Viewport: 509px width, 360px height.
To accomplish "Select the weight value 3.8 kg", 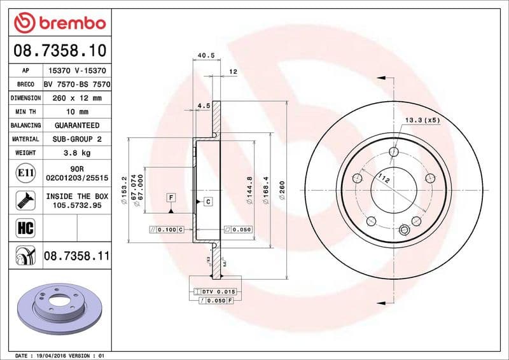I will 77,153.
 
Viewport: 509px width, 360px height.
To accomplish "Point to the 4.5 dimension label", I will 204,106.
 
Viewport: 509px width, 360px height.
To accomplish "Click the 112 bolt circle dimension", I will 383,179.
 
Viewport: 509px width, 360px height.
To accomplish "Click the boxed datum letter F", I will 171,198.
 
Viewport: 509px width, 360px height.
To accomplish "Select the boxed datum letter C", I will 208,202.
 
